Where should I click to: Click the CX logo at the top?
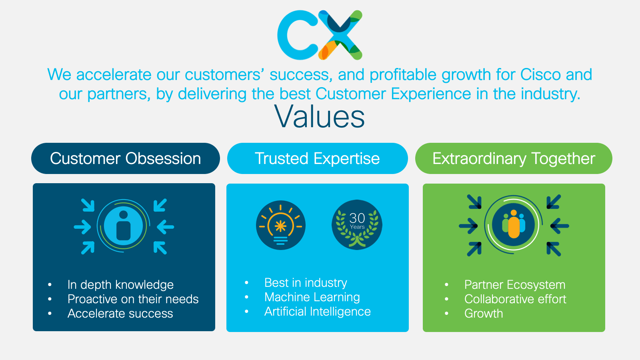click(320, 35)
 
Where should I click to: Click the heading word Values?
click(320, 116)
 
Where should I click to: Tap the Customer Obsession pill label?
click(126, 158)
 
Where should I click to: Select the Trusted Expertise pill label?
click(318, 158)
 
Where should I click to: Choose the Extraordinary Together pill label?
click(514, 158)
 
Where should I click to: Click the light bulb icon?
click(280, 225)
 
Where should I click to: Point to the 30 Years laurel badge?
click(357, 225)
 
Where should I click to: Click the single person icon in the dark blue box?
click(124, 226)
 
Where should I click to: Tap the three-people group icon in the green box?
click(514, 224)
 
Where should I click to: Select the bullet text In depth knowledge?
click(120, 284)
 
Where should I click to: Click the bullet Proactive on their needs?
click(133, 299)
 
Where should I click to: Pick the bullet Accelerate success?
click(120, 314)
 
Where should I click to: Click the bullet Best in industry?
click(306, 283)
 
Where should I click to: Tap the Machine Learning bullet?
click(312, 297)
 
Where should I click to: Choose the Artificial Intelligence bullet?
click(318, 312)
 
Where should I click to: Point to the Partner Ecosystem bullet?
click(515, 284)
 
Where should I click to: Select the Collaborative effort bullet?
click(515, 299)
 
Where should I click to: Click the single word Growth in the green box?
click(484, 314)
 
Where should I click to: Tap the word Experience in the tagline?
click(430, 94)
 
